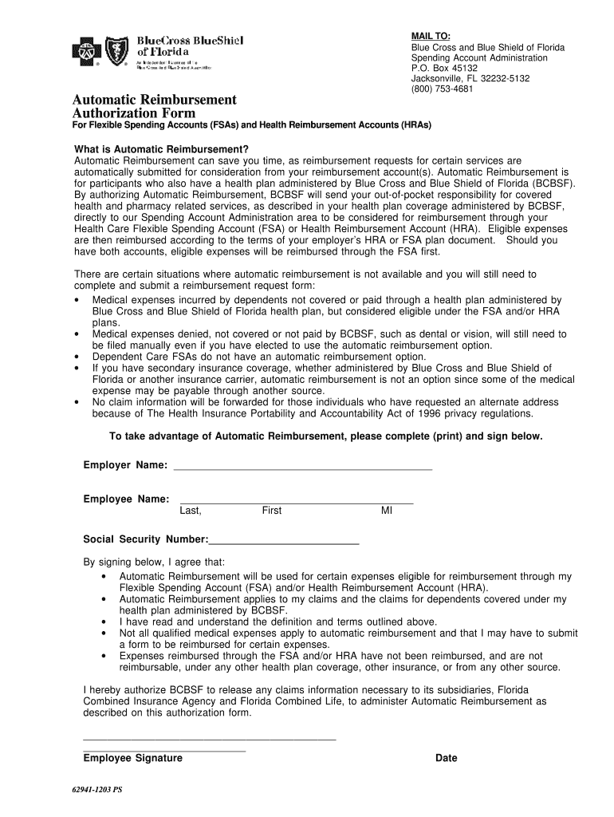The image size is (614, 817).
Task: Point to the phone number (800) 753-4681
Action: [442, 89]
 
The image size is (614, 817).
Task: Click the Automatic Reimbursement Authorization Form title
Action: [154, 107]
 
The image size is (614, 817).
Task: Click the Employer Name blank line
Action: [302, 466]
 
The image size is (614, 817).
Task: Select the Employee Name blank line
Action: [296, 499]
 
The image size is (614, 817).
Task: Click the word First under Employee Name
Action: [272, 511]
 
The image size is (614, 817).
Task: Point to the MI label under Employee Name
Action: [387, 511]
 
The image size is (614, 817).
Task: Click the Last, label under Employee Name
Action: [191, 511]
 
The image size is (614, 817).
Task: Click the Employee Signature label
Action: [132, 759]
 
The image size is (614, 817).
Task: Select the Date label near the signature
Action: [447, 759]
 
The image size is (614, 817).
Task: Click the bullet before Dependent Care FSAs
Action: [75, 357]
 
